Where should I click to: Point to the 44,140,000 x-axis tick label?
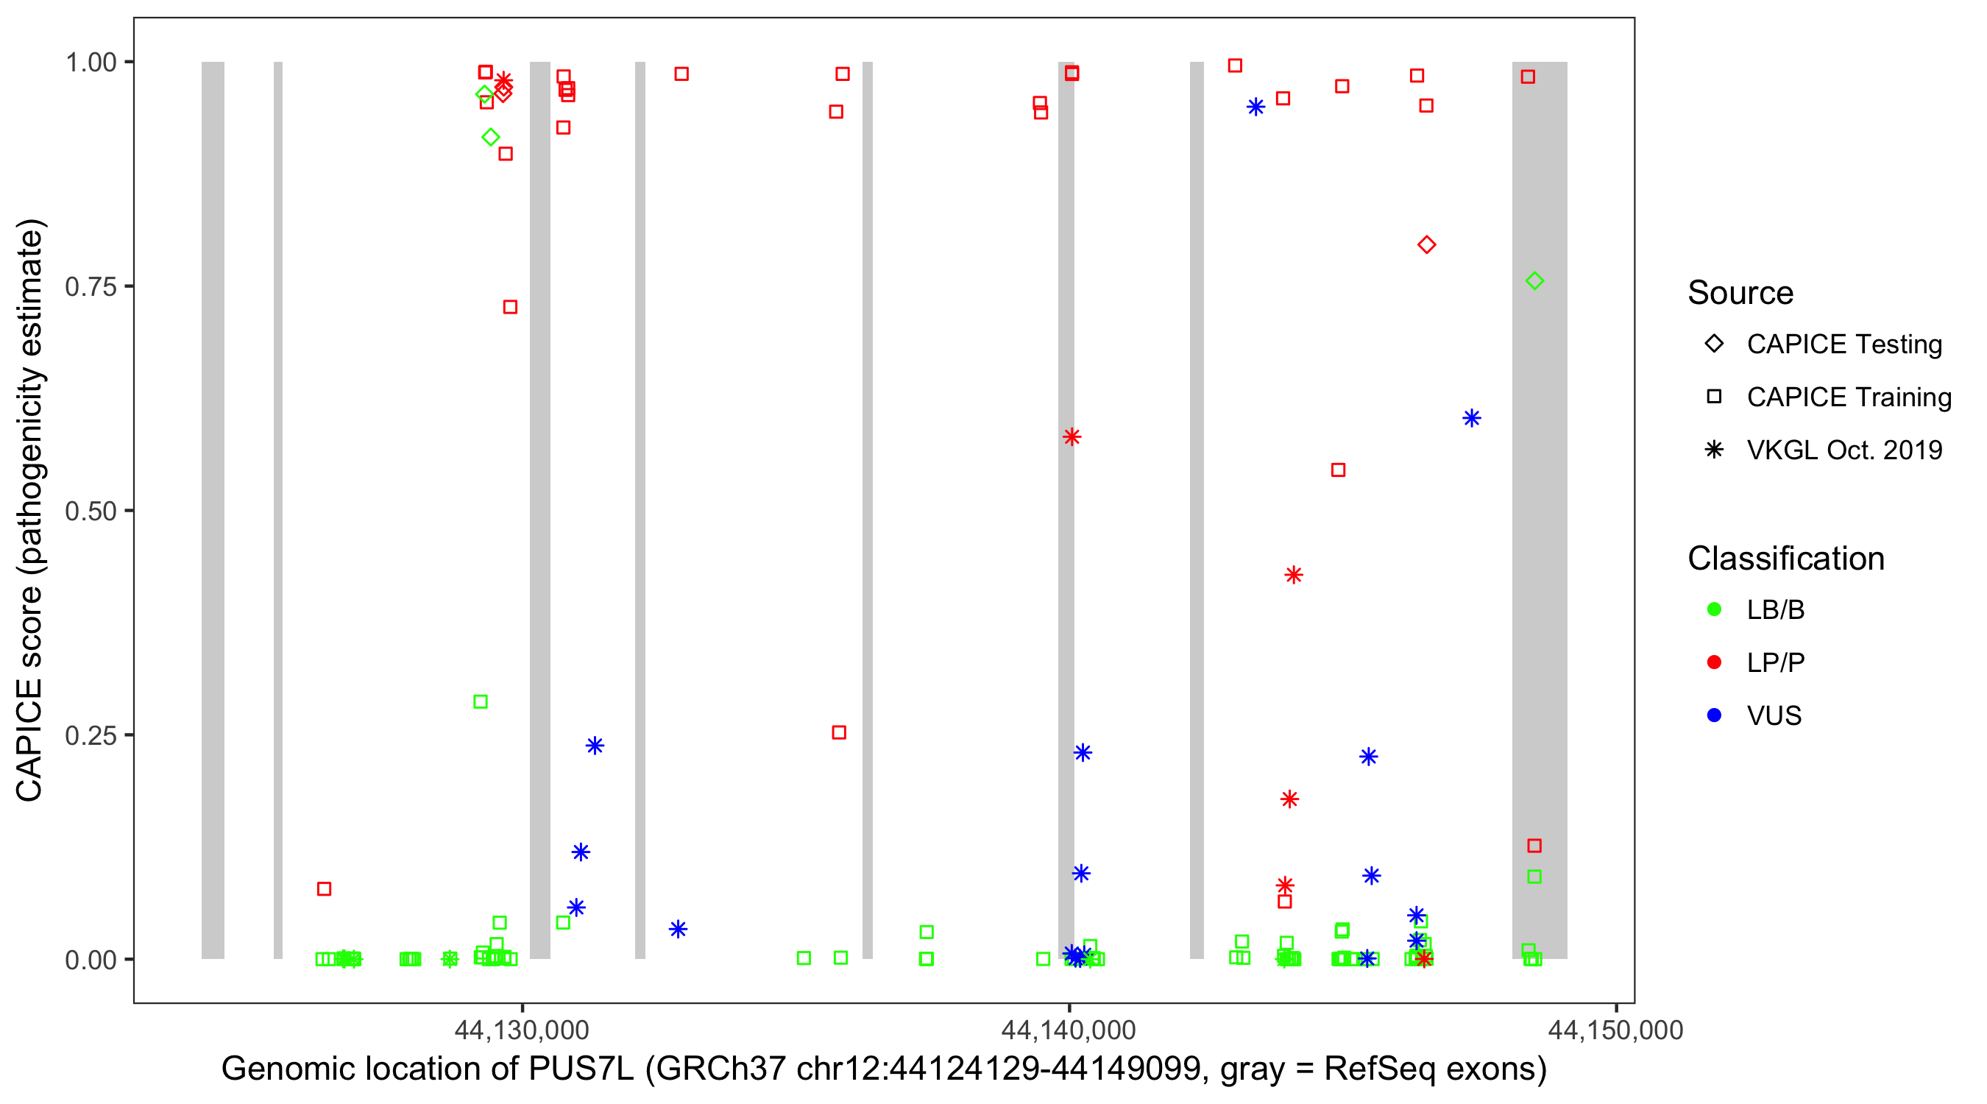pyautogui.click(x=1069, y=1030)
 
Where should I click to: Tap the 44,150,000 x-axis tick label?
pyautogui.click(x=1616, y=1030)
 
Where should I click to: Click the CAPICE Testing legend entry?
pyautogui.click(x=1843, y=344)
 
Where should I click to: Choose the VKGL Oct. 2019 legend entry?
pyautogui.click(x=1843, y=450)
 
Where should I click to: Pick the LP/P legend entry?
pyautogui.click(x=1775, y=662)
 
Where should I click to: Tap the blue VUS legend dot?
pyautogui.click(x=1715, y=715)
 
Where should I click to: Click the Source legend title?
pyautogui.click(x=1740, y=293)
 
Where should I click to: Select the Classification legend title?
pyautogui.click(x=1785, y=559)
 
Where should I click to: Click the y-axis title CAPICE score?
pyautogui.click(x=31, y=510)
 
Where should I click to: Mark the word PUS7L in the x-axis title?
pyautogui.click(x=580, y=1069)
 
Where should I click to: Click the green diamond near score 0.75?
pyautogui.click(x=1534, y=281)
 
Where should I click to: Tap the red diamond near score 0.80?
pyautogui.click(x=1426, y=244)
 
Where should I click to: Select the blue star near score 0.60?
pyautogui.click(x=1472, y=418)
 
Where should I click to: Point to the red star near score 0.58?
pyautogui.click(x=1072, y=436)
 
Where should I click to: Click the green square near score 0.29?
pyautogui.click(x=481, y=702)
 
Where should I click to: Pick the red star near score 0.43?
pyautogui.click(x=1294, y=575)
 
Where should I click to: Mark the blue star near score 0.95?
pyautogui.click(x=1255, y=107)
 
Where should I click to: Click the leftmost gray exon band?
pyautogui.click(x=213, y=510)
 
